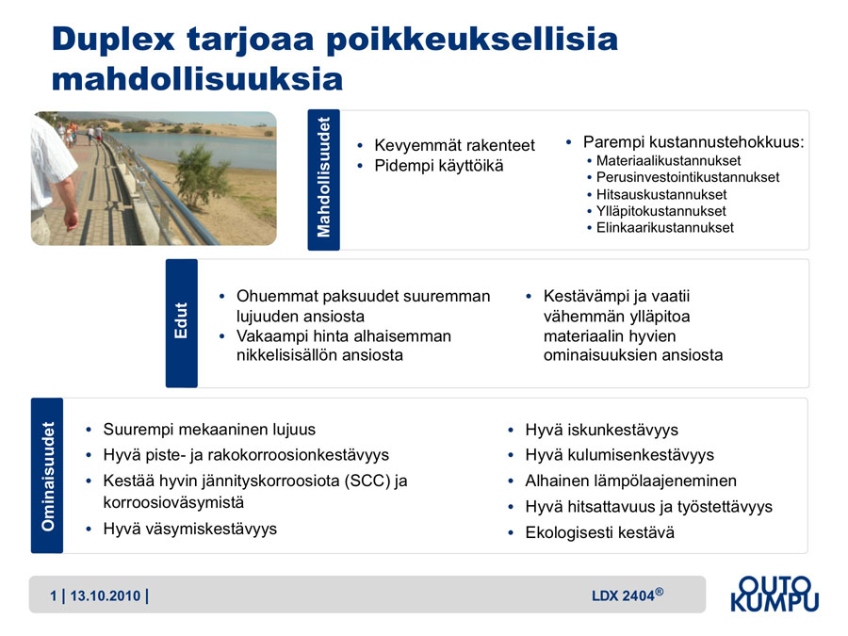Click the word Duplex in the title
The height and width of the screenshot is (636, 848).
(x=113, y=40)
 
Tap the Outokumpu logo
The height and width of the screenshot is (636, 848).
(x=775, y=594)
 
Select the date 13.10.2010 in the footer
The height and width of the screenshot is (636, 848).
(x=106, y=596)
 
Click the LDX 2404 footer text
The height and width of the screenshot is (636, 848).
(x=628, y=595)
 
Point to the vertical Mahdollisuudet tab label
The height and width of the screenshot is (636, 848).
(x=323, y=177)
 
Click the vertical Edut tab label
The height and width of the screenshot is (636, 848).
(x=181, y=320)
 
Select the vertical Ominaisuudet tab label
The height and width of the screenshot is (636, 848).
(x=48, y=476)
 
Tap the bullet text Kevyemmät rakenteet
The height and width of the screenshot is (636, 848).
(x=454, y=145)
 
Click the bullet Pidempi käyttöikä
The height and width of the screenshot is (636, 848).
(x=438, y=166)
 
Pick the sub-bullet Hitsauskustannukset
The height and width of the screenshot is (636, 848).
(x=661, y=195)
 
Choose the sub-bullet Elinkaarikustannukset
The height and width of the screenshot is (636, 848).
(x=665, y=228)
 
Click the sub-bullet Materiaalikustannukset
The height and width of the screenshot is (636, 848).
(x=668, y=160)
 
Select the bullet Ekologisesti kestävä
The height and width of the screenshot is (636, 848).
(x=600, y=532)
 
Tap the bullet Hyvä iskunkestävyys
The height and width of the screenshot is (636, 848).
(x=601, y=430)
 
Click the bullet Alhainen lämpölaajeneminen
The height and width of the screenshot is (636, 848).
(x=630, y=481)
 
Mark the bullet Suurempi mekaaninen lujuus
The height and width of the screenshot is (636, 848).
(x=209, y=430)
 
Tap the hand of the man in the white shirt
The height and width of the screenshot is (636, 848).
(x=71, y=220)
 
